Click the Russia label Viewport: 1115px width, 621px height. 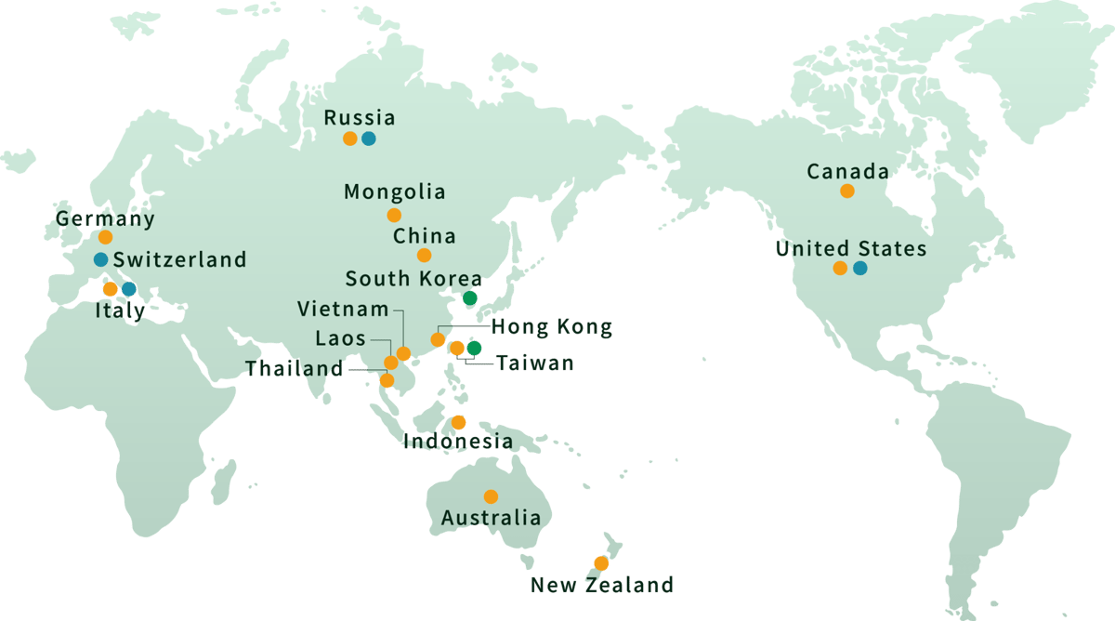point(359,118)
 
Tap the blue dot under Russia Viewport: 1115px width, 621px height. point(369,139)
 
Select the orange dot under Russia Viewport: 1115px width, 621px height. point(349,139)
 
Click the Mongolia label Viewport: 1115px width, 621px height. point(394,192)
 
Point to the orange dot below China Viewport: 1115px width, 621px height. point(424,255)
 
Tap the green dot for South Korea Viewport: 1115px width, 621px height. point(469,297)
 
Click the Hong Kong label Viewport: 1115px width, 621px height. point(551,327)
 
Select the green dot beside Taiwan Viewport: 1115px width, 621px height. point(474,348)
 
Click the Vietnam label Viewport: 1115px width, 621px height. point(343,309)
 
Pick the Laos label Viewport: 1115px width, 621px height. point(340,339)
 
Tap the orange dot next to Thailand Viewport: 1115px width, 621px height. point(387,380)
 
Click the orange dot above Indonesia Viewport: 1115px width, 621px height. point(458,422)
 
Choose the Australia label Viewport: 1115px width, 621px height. point(491,518)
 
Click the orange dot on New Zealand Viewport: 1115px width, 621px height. point(601,563)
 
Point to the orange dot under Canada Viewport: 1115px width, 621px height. point(846,191)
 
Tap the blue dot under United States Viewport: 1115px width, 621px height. point(859,269)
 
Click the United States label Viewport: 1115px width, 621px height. point(850,249)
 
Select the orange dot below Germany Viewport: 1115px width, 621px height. point(105,237)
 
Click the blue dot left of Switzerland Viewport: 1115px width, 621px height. point(100,258)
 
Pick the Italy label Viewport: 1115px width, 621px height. point(120,311)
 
